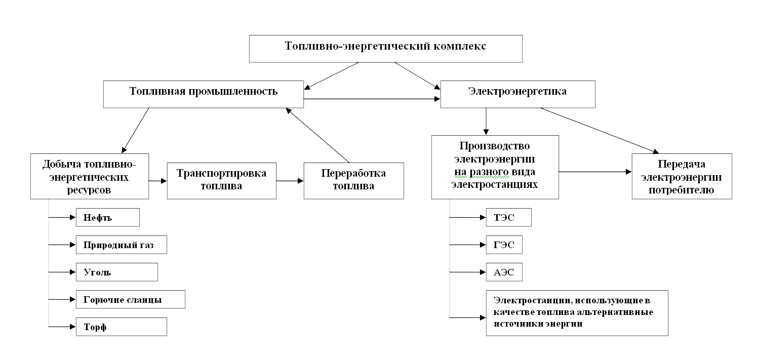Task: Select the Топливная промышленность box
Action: pos(204,94)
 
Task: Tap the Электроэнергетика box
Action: pos(517,94)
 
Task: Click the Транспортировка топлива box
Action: pos(222,180)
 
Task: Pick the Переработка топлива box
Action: pos(353,180)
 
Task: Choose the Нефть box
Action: pos(107,218)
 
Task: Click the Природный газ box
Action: pos(121,245)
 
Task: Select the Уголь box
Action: pos(116,272)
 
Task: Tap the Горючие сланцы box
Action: pos(130,299)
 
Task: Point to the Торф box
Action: pos(121,327)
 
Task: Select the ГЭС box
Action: pos(503,245)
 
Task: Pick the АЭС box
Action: pos(503,272)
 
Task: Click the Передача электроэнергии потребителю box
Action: pos(682,177)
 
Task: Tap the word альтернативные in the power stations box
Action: pos(622,312)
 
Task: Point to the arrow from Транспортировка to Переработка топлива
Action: pos(290,180)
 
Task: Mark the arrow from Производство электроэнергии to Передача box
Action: pos(595,172)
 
